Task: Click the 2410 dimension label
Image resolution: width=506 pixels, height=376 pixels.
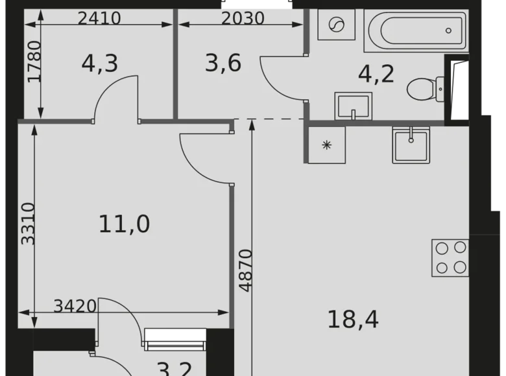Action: pyautogui.click(x=99, y=18)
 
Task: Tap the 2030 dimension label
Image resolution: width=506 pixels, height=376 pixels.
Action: pyautogui.click(x=243, y=18)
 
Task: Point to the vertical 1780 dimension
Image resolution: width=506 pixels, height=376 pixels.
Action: pyautogui.click(x=34, y=61)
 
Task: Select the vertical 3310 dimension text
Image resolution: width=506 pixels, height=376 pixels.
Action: pyautogui.click(x=28, y=223)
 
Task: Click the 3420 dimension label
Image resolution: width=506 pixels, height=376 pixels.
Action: pyautogui.click(x=75, y=305)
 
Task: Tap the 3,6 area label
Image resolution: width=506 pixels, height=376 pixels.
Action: pyautogui.click(x=223, y=63)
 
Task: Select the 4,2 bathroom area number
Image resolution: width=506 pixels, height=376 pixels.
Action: pyautogui.click(x=376, y=73)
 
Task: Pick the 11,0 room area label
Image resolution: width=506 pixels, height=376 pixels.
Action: pyautogui.click(x=124, y=224)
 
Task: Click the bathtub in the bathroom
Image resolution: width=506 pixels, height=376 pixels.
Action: pyautogui.click(x=416, y=30)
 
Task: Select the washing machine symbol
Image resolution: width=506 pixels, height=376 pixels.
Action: pyautogui.click(x=337, y=26)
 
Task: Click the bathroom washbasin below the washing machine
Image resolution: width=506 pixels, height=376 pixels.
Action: pyautogui.click(x=353, y=106)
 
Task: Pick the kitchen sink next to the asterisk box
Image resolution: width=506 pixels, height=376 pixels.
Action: pyautogui.click(x=411, y=144)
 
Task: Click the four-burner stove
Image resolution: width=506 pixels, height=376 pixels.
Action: pyautogui.click(x=450, y=257)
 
